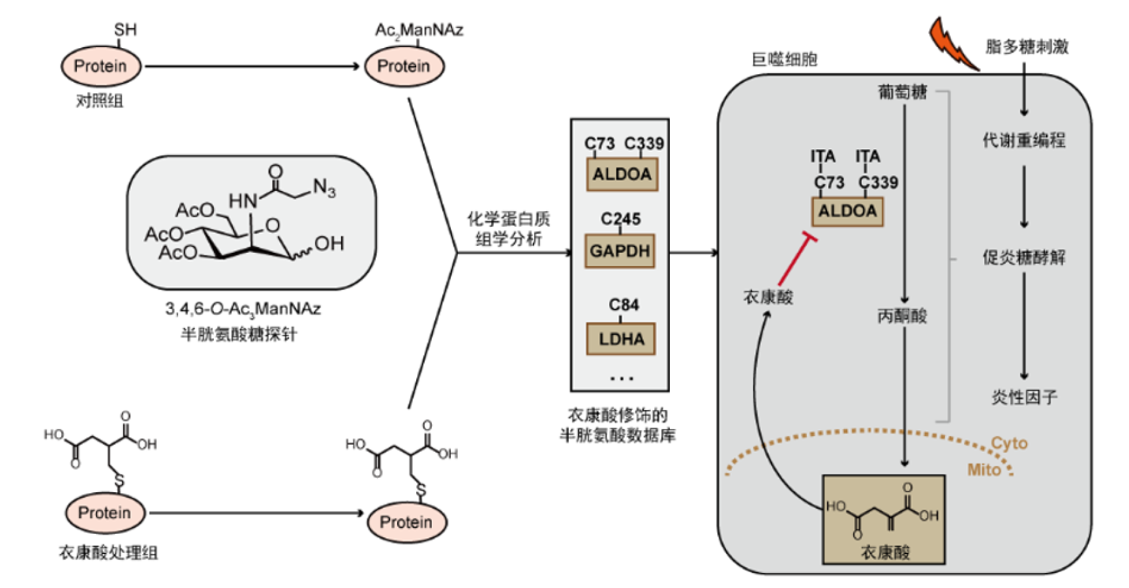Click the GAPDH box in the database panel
click(620, 251)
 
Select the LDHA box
click(621, 339)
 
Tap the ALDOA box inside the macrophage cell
click(847, 211)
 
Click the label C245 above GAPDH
click(620, 219)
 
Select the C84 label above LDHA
click(624, 304)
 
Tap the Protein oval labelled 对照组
click(100, 66)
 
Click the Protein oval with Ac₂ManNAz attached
click(404, 66)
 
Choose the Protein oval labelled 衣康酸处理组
click(104, 513)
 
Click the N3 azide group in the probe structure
click(324, 188)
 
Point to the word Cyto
click(1009, 443)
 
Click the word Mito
click(984, 469)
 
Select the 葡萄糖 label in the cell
click(902, 92)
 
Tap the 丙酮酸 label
click(902, 316)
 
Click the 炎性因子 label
click(1024, 397)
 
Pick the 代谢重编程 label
click(1024, 140)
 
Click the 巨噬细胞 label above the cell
click(784, 59)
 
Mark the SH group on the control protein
click(125, 30)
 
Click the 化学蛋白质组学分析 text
click(509, 229)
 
